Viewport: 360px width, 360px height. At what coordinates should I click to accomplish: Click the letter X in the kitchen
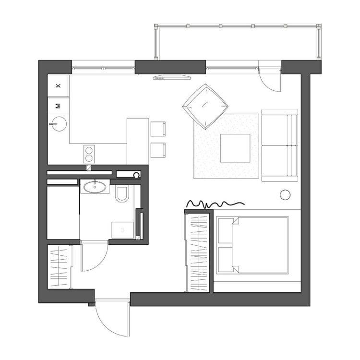58,85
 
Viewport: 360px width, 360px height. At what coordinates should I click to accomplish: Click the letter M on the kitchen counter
58,106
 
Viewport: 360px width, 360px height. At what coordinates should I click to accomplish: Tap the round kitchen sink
59,124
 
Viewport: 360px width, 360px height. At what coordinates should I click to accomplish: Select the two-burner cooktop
89,154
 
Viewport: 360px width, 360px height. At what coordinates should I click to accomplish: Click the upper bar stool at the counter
158,129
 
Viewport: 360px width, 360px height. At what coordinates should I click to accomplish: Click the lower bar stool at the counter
158,150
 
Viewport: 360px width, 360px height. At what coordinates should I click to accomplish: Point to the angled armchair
205,107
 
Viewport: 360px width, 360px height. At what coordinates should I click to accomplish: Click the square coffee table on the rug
235,148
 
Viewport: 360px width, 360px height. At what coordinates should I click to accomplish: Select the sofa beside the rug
280,145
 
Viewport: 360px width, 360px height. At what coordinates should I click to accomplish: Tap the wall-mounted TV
172,77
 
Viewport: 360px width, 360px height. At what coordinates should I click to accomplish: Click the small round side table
285,195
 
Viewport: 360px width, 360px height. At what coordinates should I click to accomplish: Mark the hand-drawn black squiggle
216,204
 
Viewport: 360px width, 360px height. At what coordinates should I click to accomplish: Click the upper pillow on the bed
226,230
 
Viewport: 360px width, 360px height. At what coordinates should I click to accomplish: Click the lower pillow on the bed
226,259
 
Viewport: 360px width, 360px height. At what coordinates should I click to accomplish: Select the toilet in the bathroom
121,194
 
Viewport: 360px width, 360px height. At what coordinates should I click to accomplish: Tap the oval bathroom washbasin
95,187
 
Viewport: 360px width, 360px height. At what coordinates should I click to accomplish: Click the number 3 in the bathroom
122,230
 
